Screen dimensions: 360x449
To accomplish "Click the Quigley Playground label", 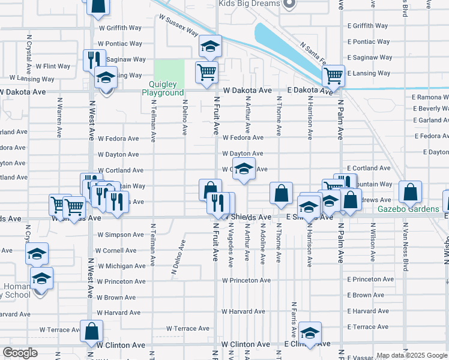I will coord(163,88).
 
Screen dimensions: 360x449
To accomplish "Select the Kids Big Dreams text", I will coord(249,4).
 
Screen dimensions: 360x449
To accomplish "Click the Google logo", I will coord(20,353).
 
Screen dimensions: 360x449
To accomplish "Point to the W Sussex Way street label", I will coord(179,25).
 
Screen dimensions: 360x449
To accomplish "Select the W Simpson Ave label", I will coord(121,235).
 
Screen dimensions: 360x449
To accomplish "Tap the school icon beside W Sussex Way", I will coord(210,46).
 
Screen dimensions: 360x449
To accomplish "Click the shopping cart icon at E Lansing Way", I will coord(333,76).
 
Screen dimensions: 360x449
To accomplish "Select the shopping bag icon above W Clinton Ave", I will coord(91,331).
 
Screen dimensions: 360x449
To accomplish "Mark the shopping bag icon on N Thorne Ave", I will coord(281,193).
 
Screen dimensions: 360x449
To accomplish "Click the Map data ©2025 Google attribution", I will coord(412,355).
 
